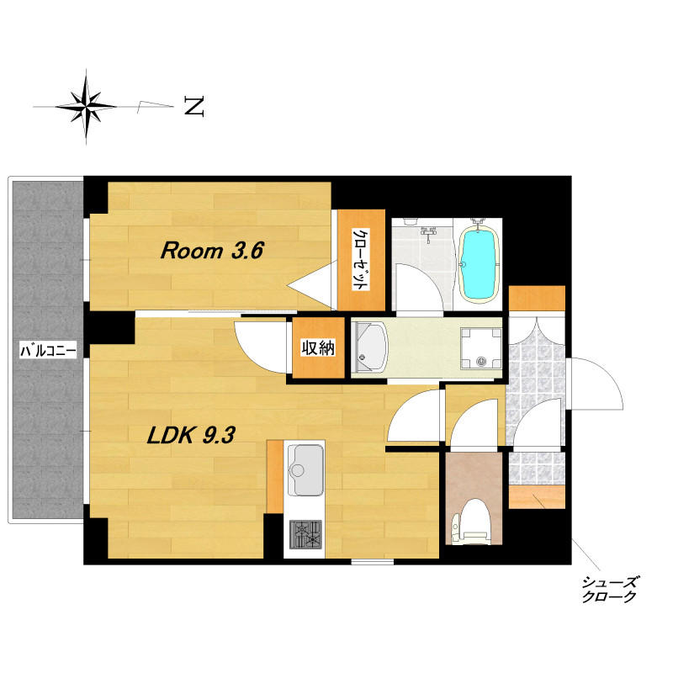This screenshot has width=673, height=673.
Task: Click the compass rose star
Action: [87, 106]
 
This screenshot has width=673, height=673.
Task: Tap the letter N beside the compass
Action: [193, 106]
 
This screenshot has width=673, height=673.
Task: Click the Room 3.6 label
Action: [212, 250]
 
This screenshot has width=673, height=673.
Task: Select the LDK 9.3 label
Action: [191, 435]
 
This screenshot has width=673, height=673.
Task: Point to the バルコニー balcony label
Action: [49, 350]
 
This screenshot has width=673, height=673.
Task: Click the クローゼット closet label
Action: [361, 260]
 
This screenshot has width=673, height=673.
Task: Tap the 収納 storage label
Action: [318, 347]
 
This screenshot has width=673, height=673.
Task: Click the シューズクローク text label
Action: [608, 590]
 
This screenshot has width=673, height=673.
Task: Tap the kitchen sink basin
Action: [305, 469]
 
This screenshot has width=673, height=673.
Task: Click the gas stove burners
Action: [305, 534]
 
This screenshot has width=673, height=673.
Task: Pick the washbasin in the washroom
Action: [369, 347]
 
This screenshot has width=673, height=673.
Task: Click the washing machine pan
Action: [481, 348]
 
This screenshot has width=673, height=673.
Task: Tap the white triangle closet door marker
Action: [312, 284]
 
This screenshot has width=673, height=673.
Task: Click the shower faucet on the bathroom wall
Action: [428, 232]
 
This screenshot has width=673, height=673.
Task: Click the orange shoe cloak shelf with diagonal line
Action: [537, 497]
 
